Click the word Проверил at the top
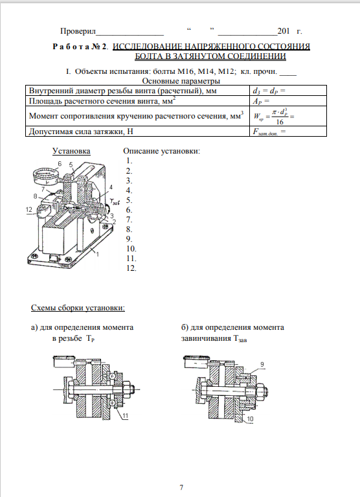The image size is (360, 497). [x=78, y=31]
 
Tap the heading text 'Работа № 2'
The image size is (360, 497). [x=80, y=47]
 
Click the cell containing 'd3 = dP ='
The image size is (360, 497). [x=288, y=91]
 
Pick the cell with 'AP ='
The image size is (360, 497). [x=288, y=101]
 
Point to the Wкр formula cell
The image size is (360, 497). [x=288, y=116]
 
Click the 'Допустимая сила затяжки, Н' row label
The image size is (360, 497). [x=81, y=132]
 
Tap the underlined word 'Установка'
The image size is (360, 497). [x=71, y=151]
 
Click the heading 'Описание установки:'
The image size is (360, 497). [x=161, y=151]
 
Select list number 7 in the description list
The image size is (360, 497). [x=129, y=220]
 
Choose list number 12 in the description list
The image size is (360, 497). [x=131, y=268]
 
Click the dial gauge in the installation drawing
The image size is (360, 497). [x=45, y=176]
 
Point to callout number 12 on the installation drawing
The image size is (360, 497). [x=28, y=209]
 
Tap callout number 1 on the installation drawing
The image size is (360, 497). [x=98, y=254]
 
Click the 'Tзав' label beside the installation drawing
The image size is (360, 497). [x=115, y=202]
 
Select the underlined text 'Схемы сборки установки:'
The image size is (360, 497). [x=78, y=308]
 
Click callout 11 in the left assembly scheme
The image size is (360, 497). [x=126, y=416]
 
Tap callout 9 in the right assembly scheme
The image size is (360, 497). [x=262, y=365]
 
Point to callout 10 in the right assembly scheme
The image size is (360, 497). [x=250, y=419]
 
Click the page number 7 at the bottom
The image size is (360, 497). [x=181, y=487]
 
